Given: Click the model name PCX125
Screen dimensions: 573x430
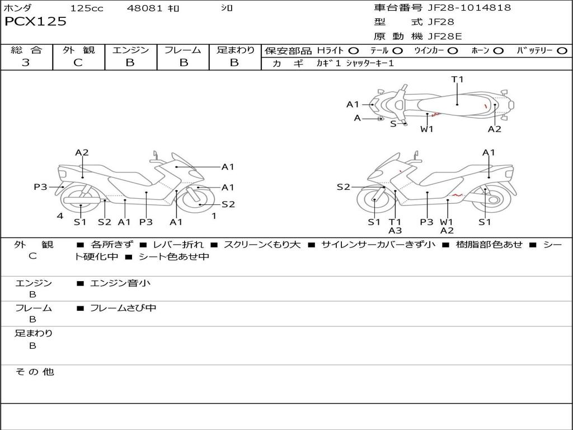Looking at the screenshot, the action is click(35, 22).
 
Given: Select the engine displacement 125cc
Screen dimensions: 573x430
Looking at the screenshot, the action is click(86, 8).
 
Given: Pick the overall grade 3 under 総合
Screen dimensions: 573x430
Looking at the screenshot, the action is click(26, 63).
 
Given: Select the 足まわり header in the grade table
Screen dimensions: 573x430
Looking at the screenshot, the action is click(235, 50).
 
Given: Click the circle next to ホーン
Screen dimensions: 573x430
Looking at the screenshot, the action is click(499, 51).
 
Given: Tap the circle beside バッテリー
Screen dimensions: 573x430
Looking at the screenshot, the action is click(562, 51).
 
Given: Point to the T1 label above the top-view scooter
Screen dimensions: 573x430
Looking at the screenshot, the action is click(458, 79).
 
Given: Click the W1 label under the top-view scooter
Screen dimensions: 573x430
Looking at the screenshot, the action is click(427, 129).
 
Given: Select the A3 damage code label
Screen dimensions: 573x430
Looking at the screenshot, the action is click(395, 230).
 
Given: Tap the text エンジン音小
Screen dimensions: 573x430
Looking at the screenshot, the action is click(120, 283).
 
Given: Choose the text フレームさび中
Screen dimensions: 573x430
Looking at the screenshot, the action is click(123, 308).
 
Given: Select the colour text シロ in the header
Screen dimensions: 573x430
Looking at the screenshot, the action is click(227, 8).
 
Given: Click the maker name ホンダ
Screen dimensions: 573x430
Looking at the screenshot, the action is click(18, 8).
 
